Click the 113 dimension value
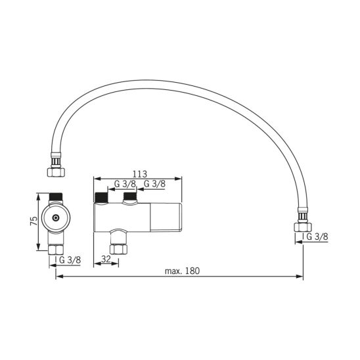tap(139, 174)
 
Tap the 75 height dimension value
tap(34, 221)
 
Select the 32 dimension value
tap(106, 259)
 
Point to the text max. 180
tap(182, 271)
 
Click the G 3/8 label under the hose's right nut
tap(317, 236)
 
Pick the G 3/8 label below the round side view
tap(70, 260)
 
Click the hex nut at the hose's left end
tap(56, 171)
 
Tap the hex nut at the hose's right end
tap(303, 227)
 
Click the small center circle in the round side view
tap(55, 218)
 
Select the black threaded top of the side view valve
tap(56, 196)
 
